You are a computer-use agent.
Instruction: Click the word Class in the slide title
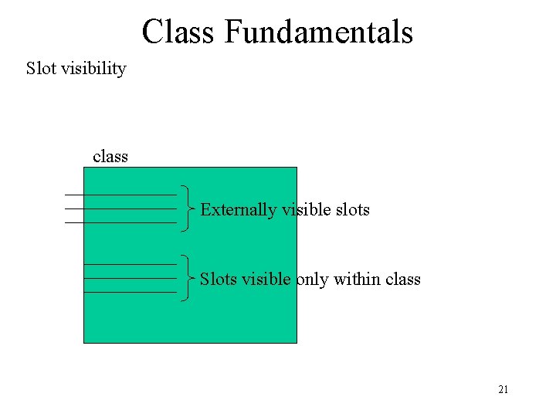point(178,32)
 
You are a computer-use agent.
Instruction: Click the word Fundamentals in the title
point(319,32)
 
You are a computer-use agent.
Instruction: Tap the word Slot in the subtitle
point(40,69)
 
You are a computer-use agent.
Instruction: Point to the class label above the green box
point(110,157)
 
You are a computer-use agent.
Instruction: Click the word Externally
point(238,209)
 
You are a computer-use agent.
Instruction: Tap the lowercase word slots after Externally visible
point(352,209)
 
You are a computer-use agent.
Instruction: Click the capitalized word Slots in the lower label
point(219,279)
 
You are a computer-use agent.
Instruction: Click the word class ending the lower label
point(402,279)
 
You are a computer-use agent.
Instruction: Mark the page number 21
point(503,390)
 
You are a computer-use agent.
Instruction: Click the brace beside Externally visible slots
point(188,208)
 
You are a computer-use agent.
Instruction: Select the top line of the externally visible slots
point(120,195)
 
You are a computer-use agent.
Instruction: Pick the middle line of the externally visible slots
point(120,208)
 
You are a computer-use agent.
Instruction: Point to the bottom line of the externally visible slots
point(120,222)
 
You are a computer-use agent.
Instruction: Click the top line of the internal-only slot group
point(130,264)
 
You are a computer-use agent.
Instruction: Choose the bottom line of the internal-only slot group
point(130,292)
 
